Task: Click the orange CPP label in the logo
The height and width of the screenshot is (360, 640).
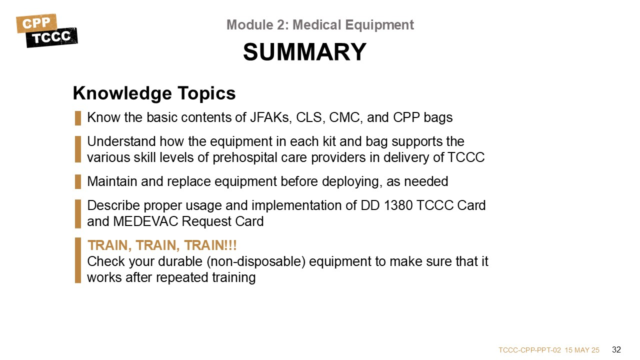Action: tap(36, 23)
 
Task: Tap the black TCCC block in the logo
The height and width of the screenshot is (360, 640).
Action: tap(51, 37)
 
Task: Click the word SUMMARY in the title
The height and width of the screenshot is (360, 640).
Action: tap(304, 52)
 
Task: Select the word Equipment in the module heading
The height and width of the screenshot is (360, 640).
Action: tap(379, 25)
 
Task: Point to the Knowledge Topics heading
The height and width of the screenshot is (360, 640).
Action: tap(154, 93)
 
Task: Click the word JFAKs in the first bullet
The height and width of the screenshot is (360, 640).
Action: tap(271, 117)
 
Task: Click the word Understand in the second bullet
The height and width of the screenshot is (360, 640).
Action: tap(121, 141)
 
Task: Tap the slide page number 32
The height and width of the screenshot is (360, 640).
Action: tap(616, 349)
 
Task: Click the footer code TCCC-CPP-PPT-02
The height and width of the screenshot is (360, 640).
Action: tap(529, 350)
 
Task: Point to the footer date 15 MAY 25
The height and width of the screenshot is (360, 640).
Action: tap(582, 350)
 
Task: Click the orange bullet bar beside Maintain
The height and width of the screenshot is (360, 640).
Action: tap(78, 181)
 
